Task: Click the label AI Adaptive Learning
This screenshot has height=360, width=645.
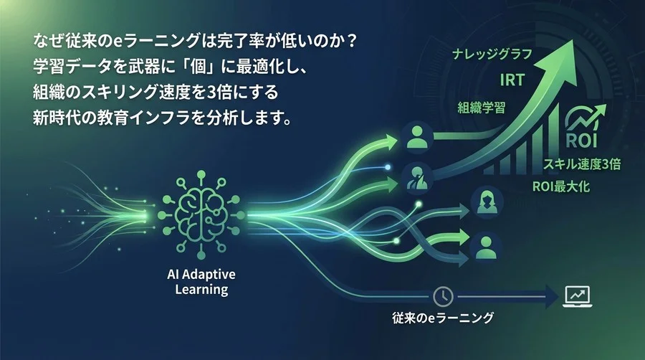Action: pyautogui.click(x=201, y=283)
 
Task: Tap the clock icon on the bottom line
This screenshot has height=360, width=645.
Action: pyautogui.click(x=442, y=294)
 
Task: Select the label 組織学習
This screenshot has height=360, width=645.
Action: pyautogui.click(x=482, y=108)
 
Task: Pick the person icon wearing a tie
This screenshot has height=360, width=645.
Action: pyautogui.click(x=416, y=176)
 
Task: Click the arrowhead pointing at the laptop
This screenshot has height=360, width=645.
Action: pyautogui.click(x=552, y=294)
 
